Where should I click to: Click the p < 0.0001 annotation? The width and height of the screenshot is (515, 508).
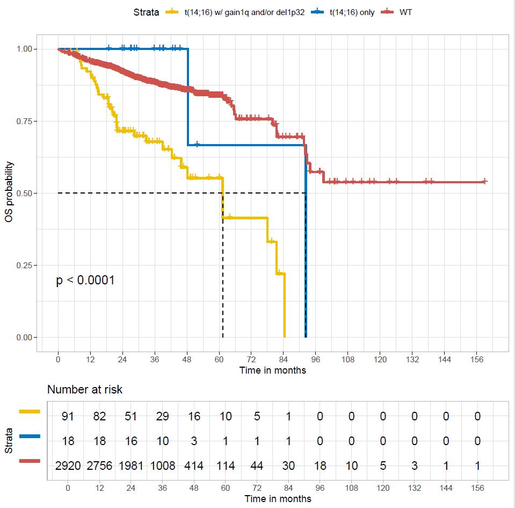[85, 280]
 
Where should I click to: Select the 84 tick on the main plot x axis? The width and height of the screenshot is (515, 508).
[284, 359]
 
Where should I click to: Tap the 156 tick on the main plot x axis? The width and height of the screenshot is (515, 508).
[477, 359]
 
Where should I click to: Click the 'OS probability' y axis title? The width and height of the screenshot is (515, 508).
[10, 192]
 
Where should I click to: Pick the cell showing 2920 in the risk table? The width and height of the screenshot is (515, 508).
[68, 466]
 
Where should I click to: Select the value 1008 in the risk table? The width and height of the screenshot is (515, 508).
[162, 466]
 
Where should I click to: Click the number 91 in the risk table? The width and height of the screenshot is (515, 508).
[68, 416]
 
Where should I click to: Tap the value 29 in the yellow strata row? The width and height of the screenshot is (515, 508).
[162, 416]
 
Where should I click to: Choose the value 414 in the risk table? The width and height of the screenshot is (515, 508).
[194, 466]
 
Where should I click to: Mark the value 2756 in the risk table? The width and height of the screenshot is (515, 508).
[99, 466]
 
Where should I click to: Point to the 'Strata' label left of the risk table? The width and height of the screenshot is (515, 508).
[10, 441]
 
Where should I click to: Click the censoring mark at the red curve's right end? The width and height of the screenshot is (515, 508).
[484, 182]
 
